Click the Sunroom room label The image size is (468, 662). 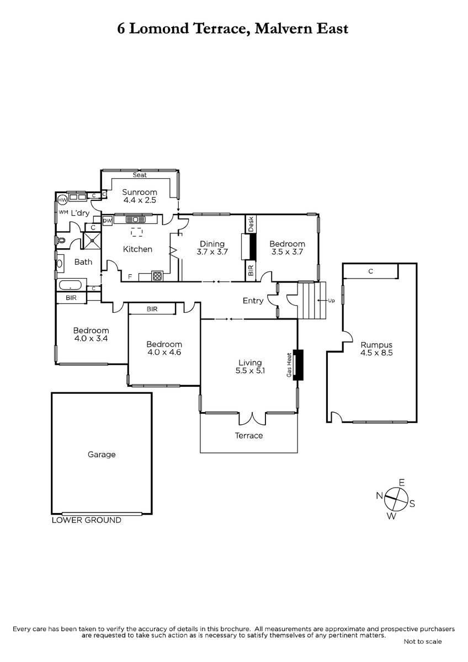(140, 192)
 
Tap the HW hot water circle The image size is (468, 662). (62, 200)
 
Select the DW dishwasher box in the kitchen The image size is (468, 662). (107, 221)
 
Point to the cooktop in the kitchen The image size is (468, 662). (157, 276)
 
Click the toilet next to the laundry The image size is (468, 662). (60, 241)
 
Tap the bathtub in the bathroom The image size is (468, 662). (70, 285)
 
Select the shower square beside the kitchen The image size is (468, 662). (92, 241)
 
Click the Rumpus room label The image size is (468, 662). (376, 345)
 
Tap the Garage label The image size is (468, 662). (102, 454)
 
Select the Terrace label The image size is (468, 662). (249, 435)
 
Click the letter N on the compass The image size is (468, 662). (380, 495)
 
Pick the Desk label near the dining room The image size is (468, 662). (251, 224)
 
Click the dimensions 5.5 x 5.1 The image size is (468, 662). (250, 370)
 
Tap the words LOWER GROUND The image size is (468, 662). (86, 520)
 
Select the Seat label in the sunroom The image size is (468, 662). (140, 175)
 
